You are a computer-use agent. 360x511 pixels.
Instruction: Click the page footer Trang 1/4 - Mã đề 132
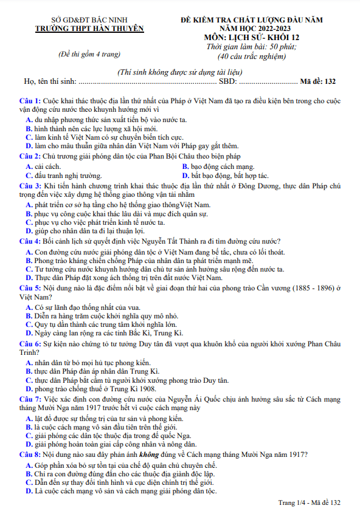click(x=309, y=502)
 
